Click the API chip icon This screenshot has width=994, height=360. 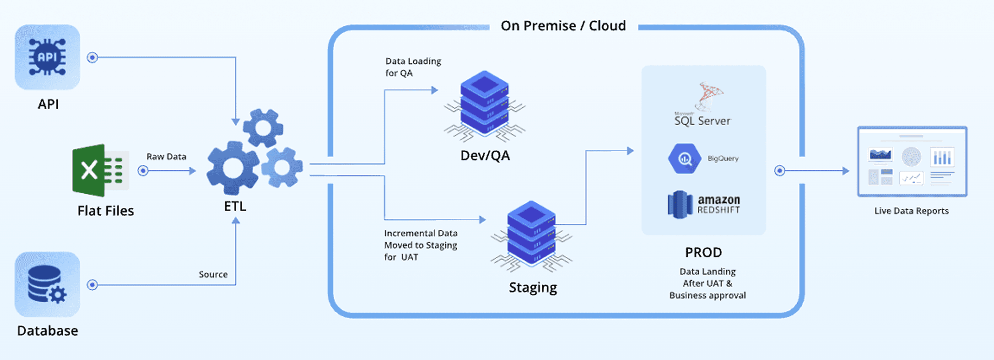(x=47, y=57)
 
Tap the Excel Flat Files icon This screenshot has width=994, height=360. (x=100, y=170)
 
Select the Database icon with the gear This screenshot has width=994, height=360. (x=47, y=284)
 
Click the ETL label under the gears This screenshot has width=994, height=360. (x=235, y=206)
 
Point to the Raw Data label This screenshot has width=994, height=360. (x=166, y=157)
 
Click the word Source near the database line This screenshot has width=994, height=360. (x=213, y=274)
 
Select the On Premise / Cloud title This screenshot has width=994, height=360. (x=563, y=26)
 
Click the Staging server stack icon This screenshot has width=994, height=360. (x=531, y=234)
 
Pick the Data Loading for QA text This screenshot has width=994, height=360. (x=413, y=67)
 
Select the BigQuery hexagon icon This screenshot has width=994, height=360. (x=684, y=159)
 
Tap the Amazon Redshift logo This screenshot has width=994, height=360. (x=704, y=205)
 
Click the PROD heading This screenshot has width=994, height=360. (x=703, y=252)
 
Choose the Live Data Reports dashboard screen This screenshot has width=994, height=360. (x=912, y=162)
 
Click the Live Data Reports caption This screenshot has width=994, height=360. (x=911, y=211)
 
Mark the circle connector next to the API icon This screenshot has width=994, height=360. (x=92, y=58)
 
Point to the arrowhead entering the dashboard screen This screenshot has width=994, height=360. (x=846, y=171)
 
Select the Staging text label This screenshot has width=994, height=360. (x=533, y=288)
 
